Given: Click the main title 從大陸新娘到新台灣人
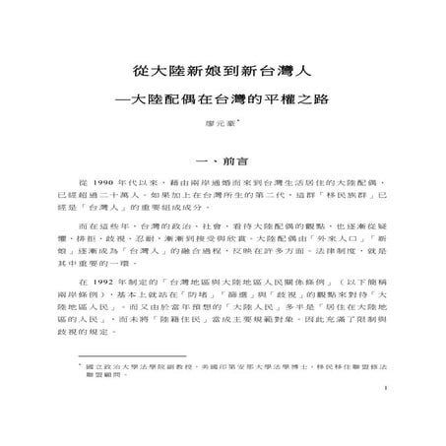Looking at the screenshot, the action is [x=223, y=72].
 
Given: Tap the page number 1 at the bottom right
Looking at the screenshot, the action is [x=388, y=402].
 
